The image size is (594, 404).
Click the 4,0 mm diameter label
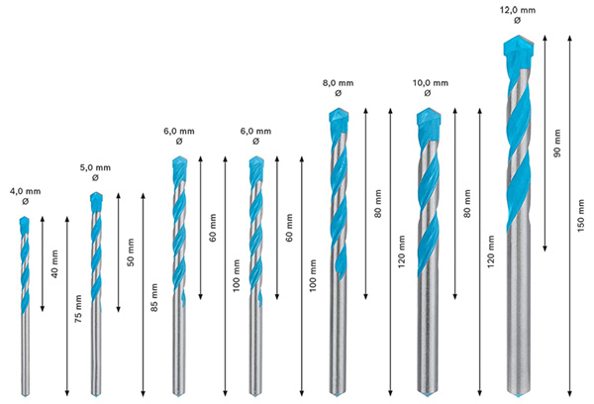[26, 191]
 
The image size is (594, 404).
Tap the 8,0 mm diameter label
[339, 84]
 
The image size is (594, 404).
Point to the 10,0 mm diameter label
[430, 84]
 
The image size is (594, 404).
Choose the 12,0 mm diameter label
[518, 8]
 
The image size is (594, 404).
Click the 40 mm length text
[53, 265]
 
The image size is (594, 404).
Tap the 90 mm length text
[556, 144]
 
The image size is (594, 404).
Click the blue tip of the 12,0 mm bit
[518, 47]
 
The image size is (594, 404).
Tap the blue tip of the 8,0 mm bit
[339, 119]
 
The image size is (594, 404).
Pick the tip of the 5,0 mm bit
[96, 201]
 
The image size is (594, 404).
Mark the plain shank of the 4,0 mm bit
[26, 356]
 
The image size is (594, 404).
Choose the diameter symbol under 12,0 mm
[518, 20]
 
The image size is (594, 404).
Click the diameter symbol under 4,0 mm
[26, 202]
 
